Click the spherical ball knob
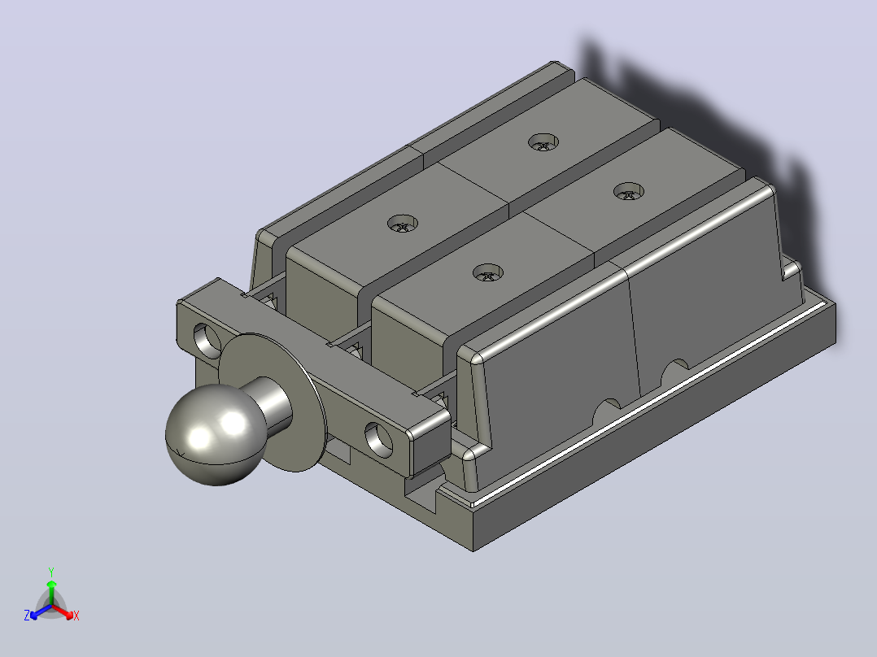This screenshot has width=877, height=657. click(216, 434)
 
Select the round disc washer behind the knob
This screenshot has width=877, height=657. click(274, 402)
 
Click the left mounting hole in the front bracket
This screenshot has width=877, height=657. click(207, 339)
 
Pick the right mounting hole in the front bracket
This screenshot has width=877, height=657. click(378, 437)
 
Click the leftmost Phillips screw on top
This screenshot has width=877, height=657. click(403, 224)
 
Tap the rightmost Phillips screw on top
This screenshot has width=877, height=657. click(629, 192)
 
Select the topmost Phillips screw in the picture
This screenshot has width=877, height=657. click(543, 142)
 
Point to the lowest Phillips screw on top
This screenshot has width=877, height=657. click(488, 273)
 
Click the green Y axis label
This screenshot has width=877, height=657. click(51, 572)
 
